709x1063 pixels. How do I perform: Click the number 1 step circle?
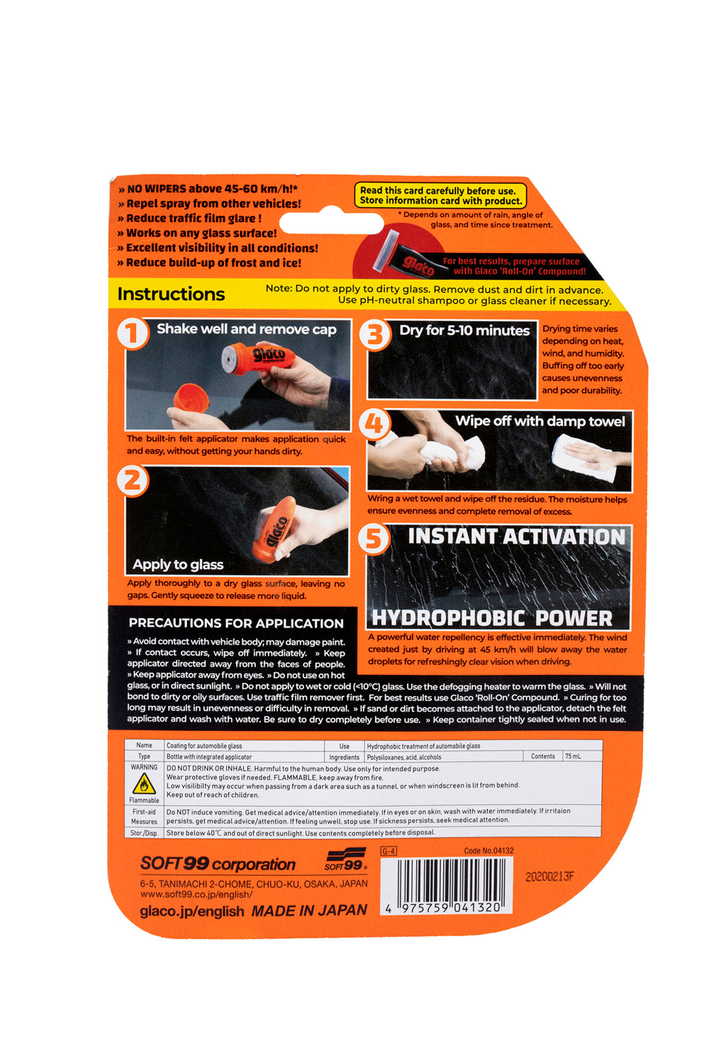point(133,333)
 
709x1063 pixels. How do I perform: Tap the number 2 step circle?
point(133,480)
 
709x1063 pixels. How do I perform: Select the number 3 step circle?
point(375,334)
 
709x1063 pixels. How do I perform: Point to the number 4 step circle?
point(375,424)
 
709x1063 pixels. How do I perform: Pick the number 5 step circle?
point(374,539)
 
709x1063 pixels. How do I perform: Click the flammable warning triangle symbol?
point(144,784)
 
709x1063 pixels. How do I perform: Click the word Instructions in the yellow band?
point(171,294)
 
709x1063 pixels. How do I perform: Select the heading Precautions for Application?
point(236,623)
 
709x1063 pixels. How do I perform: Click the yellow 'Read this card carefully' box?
point(440,196)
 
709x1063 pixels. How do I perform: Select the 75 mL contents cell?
point(573,756)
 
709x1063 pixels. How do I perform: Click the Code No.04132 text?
point(489,850)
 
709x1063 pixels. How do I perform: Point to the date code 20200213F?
point(549,877)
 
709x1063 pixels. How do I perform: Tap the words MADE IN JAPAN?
point(309,910)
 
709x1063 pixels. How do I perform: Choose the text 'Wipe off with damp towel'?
point(540,422)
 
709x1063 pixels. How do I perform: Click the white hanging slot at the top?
point(331,222)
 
